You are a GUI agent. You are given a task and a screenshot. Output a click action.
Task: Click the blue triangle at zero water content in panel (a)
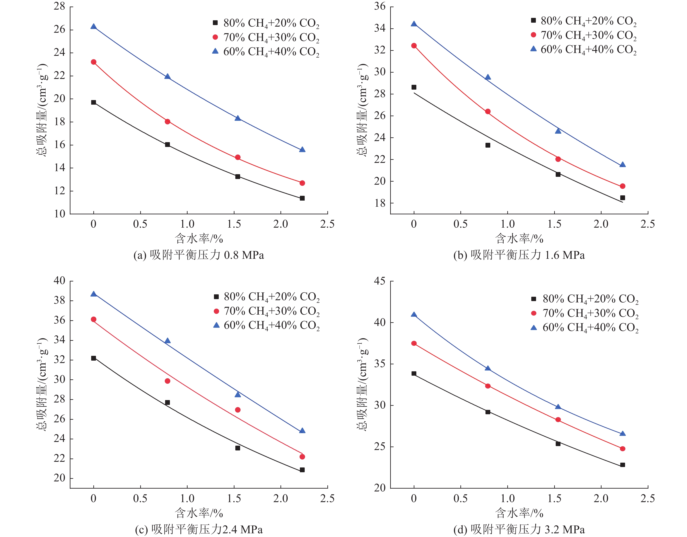click(x=93, y=26)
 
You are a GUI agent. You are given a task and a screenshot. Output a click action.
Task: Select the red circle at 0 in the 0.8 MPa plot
click(x=93, y=62)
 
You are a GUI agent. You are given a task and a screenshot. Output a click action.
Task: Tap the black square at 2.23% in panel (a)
click(x=302, y=198)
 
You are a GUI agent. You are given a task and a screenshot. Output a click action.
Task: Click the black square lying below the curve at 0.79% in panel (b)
click(x=488, y=145)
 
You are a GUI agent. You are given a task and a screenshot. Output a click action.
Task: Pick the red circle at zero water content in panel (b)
click(x=414, y=46)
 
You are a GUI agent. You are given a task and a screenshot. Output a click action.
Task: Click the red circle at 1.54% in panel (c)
click(x=238, y=410)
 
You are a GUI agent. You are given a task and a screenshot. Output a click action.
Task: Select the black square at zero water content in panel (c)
click(x=93, y=358)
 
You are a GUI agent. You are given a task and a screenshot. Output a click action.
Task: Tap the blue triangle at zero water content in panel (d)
click(x=414, y=315)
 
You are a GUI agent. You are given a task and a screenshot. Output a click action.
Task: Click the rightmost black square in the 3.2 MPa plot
click(x=622, y=465)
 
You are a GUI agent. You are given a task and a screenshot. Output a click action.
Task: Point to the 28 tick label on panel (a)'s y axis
click(x=60, y=6)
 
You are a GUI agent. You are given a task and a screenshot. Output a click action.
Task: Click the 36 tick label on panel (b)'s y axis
click(x=380, y=6)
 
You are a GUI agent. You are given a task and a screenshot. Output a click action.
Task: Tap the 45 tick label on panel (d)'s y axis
click(x=380, y=281)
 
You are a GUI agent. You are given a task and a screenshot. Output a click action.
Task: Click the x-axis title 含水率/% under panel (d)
click(x=519, y=513)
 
